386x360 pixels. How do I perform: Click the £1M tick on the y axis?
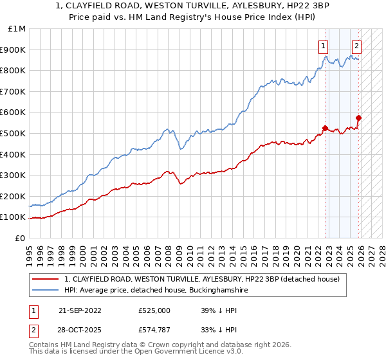pos(17,28)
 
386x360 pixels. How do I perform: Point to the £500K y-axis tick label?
pos(14,133)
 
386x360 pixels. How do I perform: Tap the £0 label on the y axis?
pos(21,238)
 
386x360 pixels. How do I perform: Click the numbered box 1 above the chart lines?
pos(322,46)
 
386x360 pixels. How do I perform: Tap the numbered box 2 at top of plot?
pos(356,46)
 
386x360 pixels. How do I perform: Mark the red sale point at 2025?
pos(359,118)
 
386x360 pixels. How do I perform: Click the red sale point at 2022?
pos(326,128)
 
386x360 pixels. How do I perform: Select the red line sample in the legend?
pos(46,279)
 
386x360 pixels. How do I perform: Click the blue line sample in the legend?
pos(46,291)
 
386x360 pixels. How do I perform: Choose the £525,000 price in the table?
pos(154,310)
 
